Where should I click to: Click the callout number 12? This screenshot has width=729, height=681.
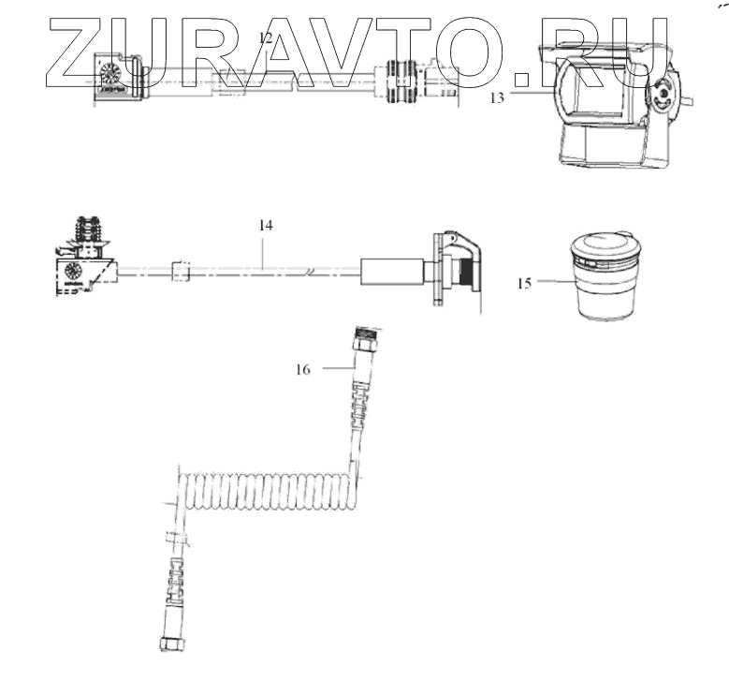point(266,38)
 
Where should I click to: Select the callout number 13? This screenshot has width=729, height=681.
point(497,97)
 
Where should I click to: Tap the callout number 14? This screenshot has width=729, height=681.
point(266,226)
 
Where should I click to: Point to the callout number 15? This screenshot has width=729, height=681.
point(524,283)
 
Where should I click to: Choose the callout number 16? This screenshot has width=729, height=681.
point(302,370)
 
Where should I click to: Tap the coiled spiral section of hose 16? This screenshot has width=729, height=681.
point(269,491)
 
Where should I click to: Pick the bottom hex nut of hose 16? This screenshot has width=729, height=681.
point(172,644)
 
